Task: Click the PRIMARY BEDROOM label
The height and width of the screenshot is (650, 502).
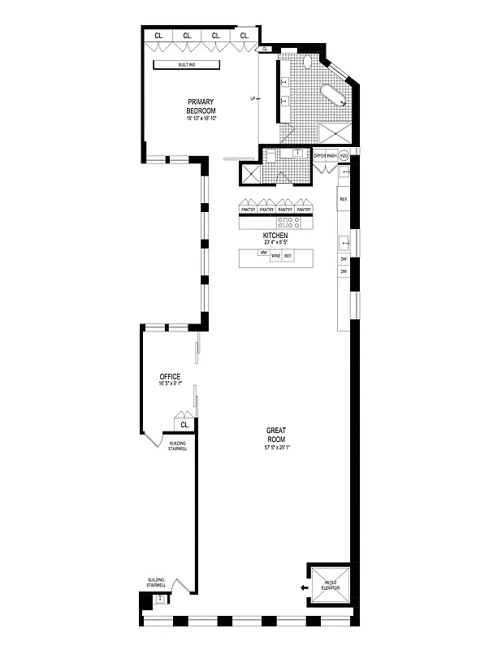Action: pos(200,106)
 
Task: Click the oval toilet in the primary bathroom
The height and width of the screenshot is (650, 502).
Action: pos(309,62)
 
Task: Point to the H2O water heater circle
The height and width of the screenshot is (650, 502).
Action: pos(344,155)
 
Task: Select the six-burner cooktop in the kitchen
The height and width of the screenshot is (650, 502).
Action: pos(289,221)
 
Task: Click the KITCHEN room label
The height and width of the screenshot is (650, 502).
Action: pos(275,235)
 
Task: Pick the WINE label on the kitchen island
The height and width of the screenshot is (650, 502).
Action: pos(275,257)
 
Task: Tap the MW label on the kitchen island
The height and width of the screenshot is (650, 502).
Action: pos(262,253)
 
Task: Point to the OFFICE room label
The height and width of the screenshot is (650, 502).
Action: pos(170,377)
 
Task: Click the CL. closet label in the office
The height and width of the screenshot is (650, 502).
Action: pos(184,424)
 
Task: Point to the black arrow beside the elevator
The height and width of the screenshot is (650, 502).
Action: pos(303,587)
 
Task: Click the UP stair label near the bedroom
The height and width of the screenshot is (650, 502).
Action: pos(253,100)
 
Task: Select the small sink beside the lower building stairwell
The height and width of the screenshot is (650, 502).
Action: pos(160,600)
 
